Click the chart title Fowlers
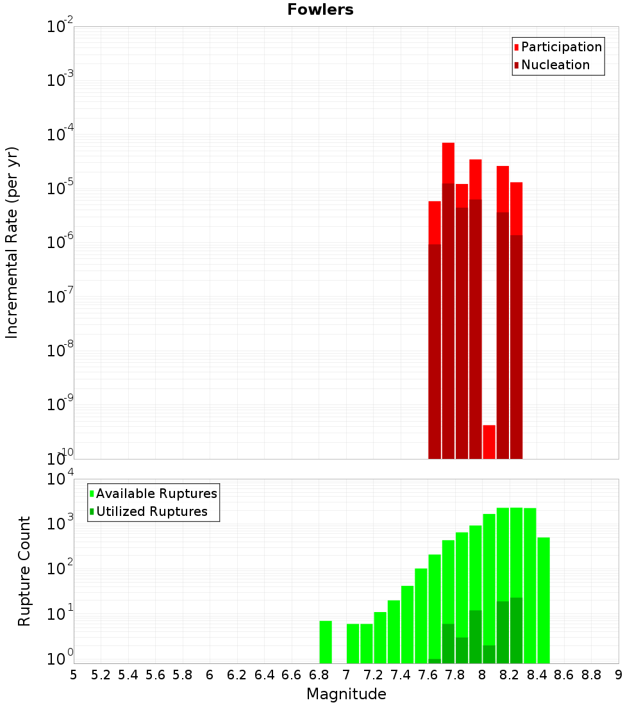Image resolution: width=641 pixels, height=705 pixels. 320,10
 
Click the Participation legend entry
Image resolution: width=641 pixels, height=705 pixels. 561,47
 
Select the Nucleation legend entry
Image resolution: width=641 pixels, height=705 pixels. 554,65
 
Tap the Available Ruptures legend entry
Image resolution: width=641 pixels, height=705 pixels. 156,493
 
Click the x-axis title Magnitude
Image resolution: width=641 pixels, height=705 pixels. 346,694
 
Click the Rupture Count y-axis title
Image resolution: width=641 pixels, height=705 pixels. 24,571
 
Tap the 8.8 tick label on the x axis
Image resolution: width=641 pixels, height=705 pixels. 591,675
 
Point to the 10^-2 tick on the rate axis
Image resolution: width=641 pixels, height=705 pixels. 60,27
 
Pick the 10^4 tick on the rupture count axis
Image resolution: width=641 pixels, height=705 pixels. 60,479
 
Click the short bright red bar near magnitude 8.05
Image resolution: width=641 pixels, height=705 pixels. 489,442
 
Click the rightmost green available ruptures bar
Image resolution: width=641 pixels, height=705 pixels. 544,600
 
